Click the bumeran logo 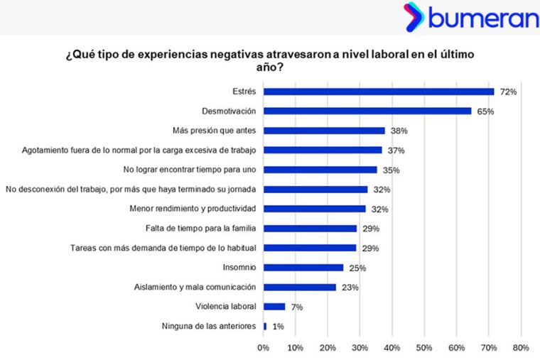[471, 17]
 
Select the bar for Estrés [379, 92]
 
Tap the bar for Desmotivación [367, 111]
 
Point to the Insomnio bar [303, 268]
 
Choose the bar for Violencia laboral [274, 307]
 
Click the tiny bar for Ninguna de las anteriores [265, 327]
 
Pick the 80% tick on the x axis [520, 348]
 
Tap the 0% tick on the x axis [264, 348]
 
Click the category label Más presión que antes [215, 131]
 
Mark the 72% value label [507, 92]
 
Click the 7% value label [296, 307]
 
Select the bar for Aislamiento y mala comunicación [300, 288]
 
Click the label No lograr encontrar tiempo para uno [190, 170]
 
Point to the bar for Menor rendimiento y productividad [315, 209]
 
